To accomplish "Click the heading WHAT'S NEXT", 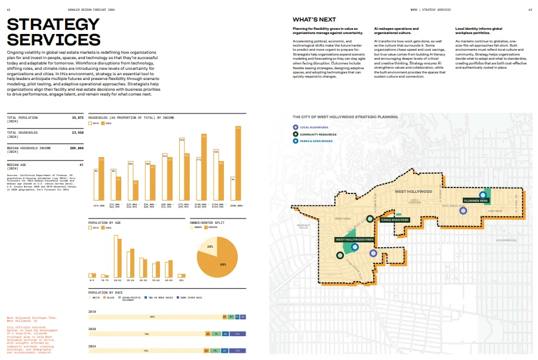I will point(314,20).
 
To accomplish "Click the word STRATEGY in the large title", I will point(53,24).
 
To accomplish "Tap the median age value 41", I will point(81,164).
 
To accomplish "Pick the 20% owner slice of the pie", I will point(211,247).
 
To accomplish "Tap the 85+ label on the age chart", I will point(182,280).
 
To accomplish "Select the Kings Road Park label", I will point(395,220).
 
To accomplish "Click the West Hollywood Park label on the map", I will point(354,239).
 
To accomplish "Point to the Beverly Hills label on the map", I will point(303,226).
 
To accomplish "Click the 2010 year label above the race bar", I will point(92,312).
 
